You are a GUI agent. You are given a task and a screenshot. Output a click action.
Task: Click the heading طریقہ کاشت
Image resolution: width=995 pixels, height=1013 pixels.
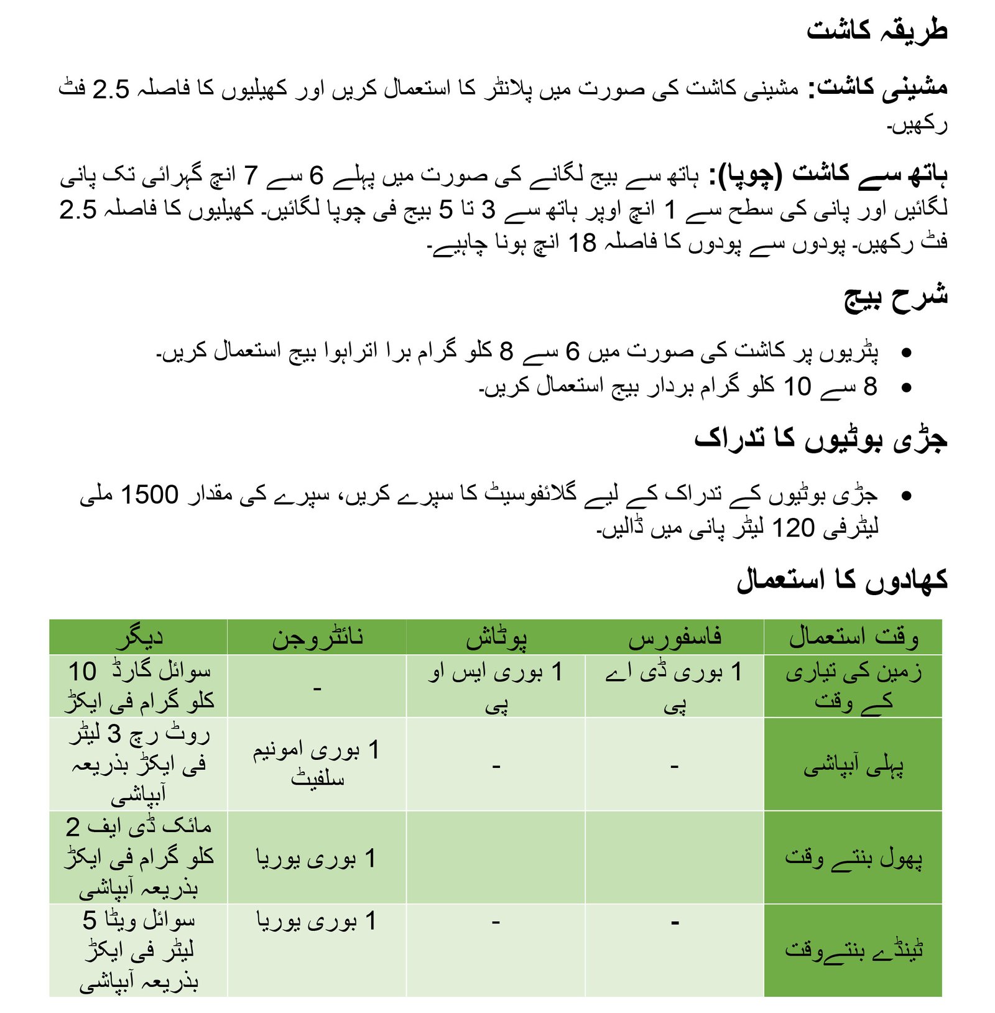(876, 30)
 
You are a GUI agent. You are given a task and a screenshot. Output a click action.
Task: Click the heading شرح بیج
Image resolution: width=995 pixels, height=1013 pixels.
(895, 297)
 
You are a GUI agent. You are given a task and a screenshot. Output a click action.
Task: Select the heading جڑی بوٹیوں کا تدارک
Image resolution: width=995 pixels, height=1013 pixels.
(820, 438)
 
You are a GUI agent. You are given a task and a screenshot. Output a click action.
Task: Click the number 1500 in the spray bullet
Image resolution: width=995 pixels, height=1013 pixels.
(149, 495)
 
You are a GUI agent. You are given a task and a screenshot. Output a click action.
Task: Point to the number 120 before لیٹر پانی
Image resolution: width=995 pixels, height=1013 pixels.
(793, 528)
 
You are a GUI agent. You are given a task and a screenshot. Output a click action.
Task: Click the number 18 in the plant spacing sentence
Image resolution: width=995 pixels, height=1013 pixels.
(583, 243)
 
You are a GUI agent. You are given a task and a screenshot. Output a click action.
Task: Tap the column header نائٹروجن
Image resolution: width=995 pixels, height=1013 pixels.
(317, 637)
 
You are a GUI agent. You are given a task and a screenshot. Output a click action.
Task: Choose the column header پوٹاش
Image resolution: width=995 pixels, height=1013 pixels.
(496, 637)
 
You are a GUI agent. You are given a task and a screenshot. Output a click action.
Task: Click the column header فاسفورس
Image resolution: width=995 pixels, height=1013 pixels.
(675, 637)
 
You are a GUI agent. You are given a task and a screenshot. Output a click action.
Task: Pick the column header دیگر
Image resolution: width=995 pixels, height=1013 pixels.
(139, 637)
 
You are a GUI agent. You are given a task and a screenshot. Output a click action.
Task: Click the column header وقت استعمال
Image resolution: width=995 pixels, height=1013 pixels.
(853, 637)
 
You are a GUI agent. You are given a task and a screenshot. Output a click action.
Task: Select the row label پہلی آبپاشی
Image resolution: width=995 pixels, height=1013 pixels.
(853, 766)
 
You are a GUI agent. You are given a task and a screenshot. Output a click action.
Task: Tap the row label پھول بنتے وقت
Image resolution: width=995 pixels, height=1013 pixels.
(853, 858)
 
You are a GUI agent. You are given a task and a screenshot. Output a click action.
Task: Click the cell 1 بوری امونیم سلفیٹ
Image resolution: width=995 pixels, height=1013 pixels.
(317, 764)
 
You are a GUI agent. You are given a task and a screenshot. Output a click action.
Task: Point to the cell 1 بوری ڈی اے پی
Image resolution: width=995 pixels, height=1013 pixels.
(675, 687)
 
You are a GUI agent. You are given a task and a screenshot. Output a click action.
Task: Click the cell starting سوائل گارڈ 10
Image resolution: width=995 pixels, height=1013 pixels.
(139, 687)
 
